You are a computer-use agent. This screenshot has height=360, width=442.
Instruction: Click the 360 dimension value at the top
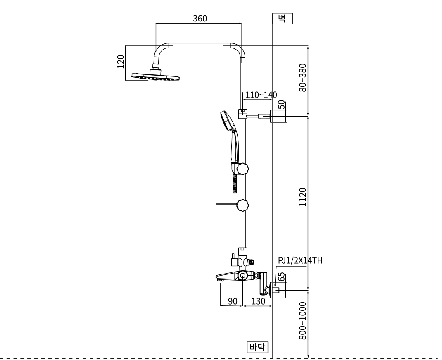(x=200, y=18)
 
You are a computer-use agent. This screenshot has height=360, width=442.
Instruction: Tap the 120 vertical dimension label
(x=120, y=61)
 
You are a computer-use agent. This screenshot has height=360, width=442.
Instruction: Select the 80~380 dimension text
(x=303, y=77)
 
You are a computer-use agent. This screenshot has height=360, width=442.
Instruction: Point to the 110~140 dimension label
(x=261, y=95)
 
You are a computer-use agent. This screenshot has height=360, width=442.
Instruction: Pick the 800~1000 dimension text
(x=303, y=321)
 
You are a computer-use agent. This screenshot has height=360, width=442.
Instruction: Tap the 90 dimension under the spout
(x=233, y=301)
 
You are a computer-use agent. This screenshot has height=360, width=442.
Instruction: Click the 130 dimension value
(x=258, y=301)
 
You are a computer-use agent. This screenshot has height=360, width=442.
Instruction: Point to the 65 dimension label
(x=282, y=276)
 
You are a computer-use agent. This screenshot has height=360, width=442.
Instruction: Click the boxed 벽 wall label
(x=282, y=19)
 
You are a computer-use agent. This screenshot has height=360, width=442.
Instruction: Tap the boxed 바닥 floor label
(x=257, y=346)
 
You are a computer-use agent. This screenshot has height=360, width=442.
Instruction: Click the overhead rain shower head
(x=156, y=76)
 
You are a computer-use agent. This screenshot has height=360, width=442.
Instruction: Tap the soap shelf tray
(x=226, y=205)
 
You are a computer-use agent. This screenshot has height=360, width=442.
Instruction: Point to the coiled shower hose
(x=235, y=183)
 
